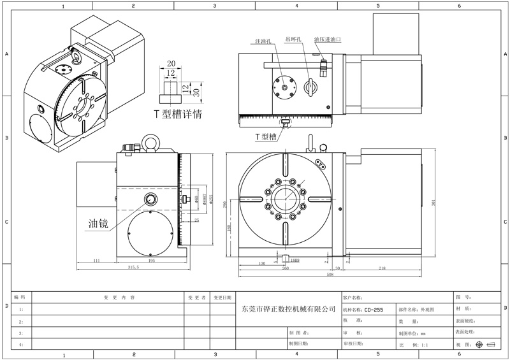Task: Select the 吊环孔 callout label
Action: tap(294, 40)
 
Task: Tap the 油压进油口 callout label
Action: tap(328, 40)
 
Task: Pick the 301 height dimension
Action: tap(433, 203)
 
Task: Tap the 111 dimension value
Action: tap(96, 261)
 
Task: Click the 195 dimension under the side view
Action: tap(152, 261)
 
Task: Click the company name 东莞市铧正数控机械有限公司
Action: tap(289, 309)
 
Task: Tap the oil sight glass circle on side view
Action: tap(151, 200)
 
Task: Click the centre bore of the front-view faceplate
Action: tap(284, 199)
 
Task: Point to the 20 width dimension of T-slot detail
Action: tap(170, 64)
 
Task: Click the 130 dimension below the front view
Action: tap(262, 262)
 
